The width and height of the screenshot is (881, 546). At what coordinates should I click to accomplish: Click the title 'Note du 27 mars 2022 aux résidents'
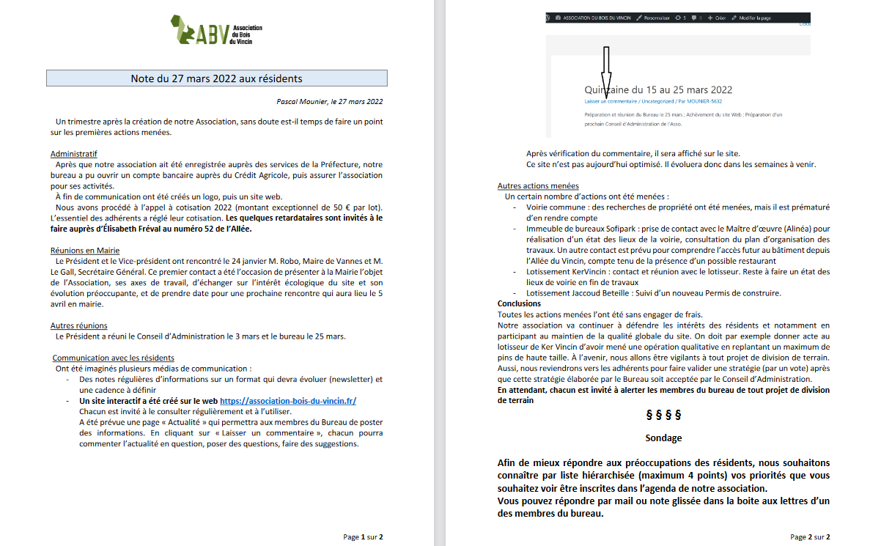click(x=216, y=78)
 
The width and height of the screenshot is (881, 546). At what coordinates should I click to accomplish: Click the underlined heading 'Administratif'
click(x=73, y=154)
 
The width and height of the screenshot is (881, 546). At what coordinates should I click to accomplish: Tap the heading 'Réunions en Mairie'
click(x=84, y=251)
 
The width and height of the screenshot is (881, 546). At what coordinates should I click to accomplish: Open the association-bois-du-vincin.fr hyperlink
click(x=288, y=401)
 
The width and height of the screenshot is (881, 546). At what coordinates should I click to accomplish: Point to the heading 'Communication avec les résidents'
click(x=113, y=358)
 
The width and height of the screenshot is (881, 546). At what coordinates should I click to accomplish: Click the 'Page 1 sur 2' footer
click(x=363, y=536)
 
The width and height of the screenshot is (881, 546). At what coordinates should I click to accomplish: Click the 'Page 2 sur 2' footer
click(x=810, y=536)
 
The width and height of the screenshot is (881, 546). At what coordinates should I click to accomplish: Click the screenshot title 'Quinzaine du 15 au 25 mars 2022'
click(x=658, y=90)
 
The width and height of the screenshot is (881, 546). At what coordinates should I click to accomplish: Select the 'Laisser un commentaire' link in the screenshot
click(x=610, y=101)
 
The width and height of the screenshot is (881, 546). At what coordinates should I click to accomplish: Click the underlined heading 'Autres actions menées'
click(x=538, y=186)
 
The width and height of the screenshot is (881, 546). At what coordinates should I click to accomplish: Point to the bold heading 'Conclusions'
click(x=519, y=303)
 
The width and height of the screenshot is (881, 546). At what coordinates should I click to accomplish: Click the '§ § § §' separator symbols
click(x=663, y=415)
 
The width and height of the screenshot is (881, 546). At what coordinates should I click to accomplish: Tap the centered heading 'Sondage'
click(x=663, y=438)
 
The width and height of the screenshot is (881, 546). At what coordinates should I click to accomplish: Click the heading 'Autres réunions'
click(x=79, y=325)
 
